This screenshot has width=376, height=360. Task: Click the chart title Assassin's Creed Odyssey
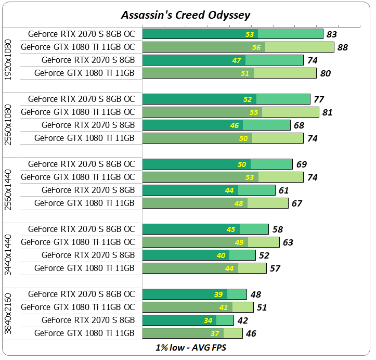point(186,15)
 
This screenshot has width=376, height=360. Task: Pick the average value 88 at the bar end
point(342,47)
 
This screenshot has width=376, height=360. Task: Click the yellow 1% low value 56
point(256,47)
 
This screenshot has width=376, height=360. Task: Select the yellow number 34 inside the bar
point(208,320)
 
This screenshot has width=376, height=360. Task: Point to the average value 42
point(242,320)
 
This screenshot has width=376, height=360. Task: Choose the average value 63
point(288,242)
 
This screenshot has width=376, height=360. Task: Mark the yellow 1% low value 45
point(231,229)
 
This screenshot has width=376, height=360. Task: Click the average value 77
point(319,99)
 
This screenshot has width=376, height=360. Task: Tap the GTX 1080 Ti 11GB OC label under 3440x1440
point(77,242)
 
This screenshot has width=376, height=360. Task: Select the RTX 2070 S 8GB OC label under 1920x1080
point(81,34)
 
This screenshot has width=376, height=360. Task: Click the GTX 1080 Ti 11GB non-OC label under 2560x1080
point(84,138)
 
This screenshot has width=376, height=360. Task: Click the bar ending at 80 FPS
point(229,73)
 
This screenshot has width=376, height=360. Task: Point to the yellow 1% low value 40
point(221,255)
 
